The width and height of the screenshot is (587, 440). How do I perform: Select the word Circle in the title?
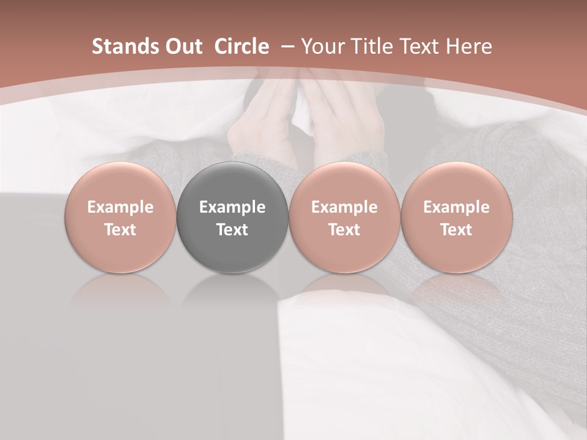pyautogui.click(x=242, y=46)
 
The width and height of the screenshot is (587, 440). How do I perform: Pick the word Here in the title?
pyautogui.click(x=469, y=46)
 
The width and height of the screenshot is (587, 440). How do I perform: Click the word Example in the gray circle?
pyautogui.click(x=232, y=207)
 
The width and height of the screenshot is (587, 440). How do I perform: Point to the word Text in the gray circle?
pyautogui.click(x=232, y=230)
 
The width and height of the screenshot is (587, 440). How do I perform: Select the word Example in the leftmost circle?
pyautogui.click(x=120, y=207)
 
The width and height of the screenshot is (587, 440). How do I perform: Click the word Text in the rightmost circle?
pyautogui.click(x=456, y=230)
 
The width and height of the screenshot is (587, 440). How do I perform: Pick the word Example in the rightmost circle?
pyautogui.click(x=456, y=207)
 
